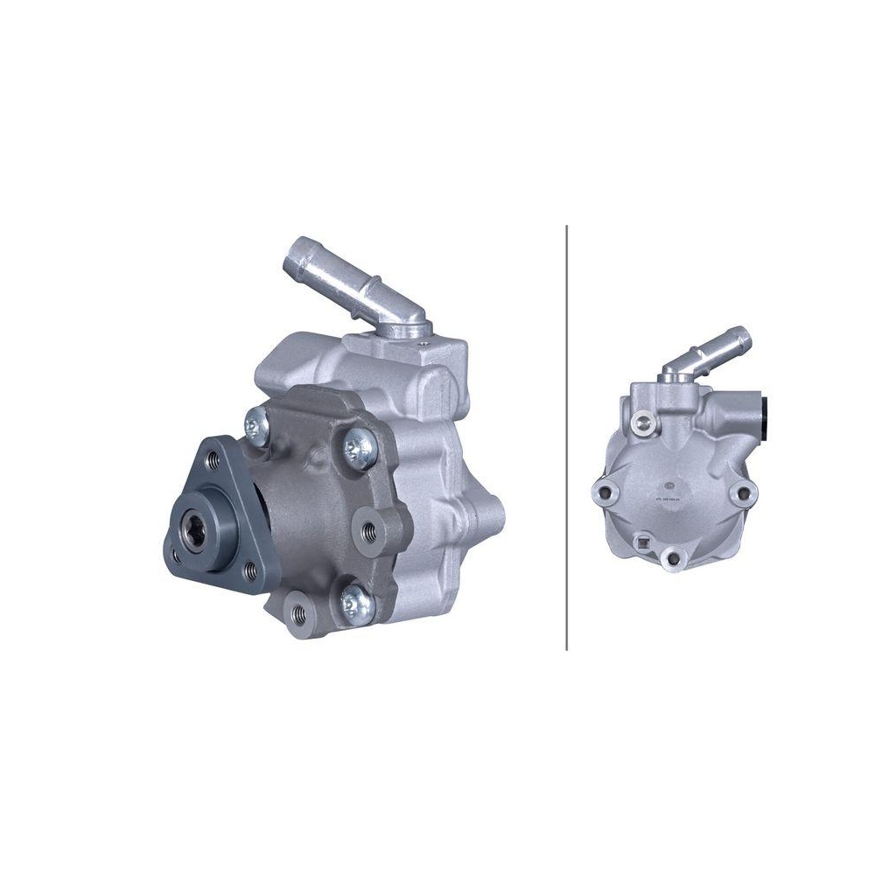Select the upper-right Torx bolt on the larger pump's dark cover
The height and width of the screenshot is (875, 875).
359,448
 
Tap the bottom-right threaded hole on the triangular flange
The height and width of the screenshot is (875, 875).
252,573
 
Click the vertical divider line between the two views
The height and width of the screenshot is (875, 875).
567,437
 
